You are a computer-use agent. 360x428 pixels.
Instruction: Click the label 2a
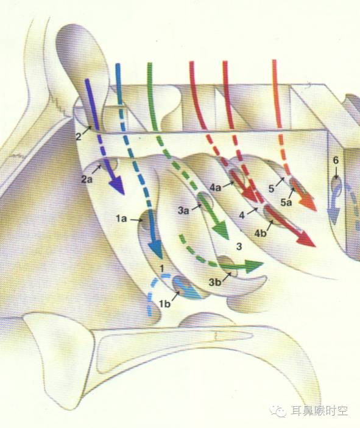point(87,180)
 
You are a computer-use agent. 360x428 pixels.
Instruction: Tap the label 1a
point(121,219)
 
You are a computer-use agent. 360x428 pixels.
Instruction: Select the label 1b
point(164,304)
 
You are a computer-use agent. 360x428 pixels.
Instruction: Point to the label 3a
point(183,211)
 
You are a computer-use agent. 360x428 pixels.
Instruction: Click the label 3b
point(214,282)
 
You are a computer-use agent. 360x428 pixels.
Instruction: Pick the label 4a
point(216,188)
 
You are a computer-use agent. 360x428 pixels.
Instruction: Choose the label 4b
point(260,233)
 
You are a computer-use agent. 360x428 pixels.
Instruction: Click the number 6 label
point(336,160)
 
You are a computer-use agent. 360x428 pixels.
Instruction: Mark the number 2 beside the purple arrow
point(79,136)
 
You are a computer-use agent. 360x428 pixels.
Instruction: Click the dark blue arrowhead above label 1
point(156,250)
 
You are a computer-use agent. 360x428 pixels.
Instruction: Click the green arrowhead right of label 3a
point(221,230)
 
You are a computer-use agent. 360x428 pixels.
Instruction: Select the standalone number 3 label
point(239,247)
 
